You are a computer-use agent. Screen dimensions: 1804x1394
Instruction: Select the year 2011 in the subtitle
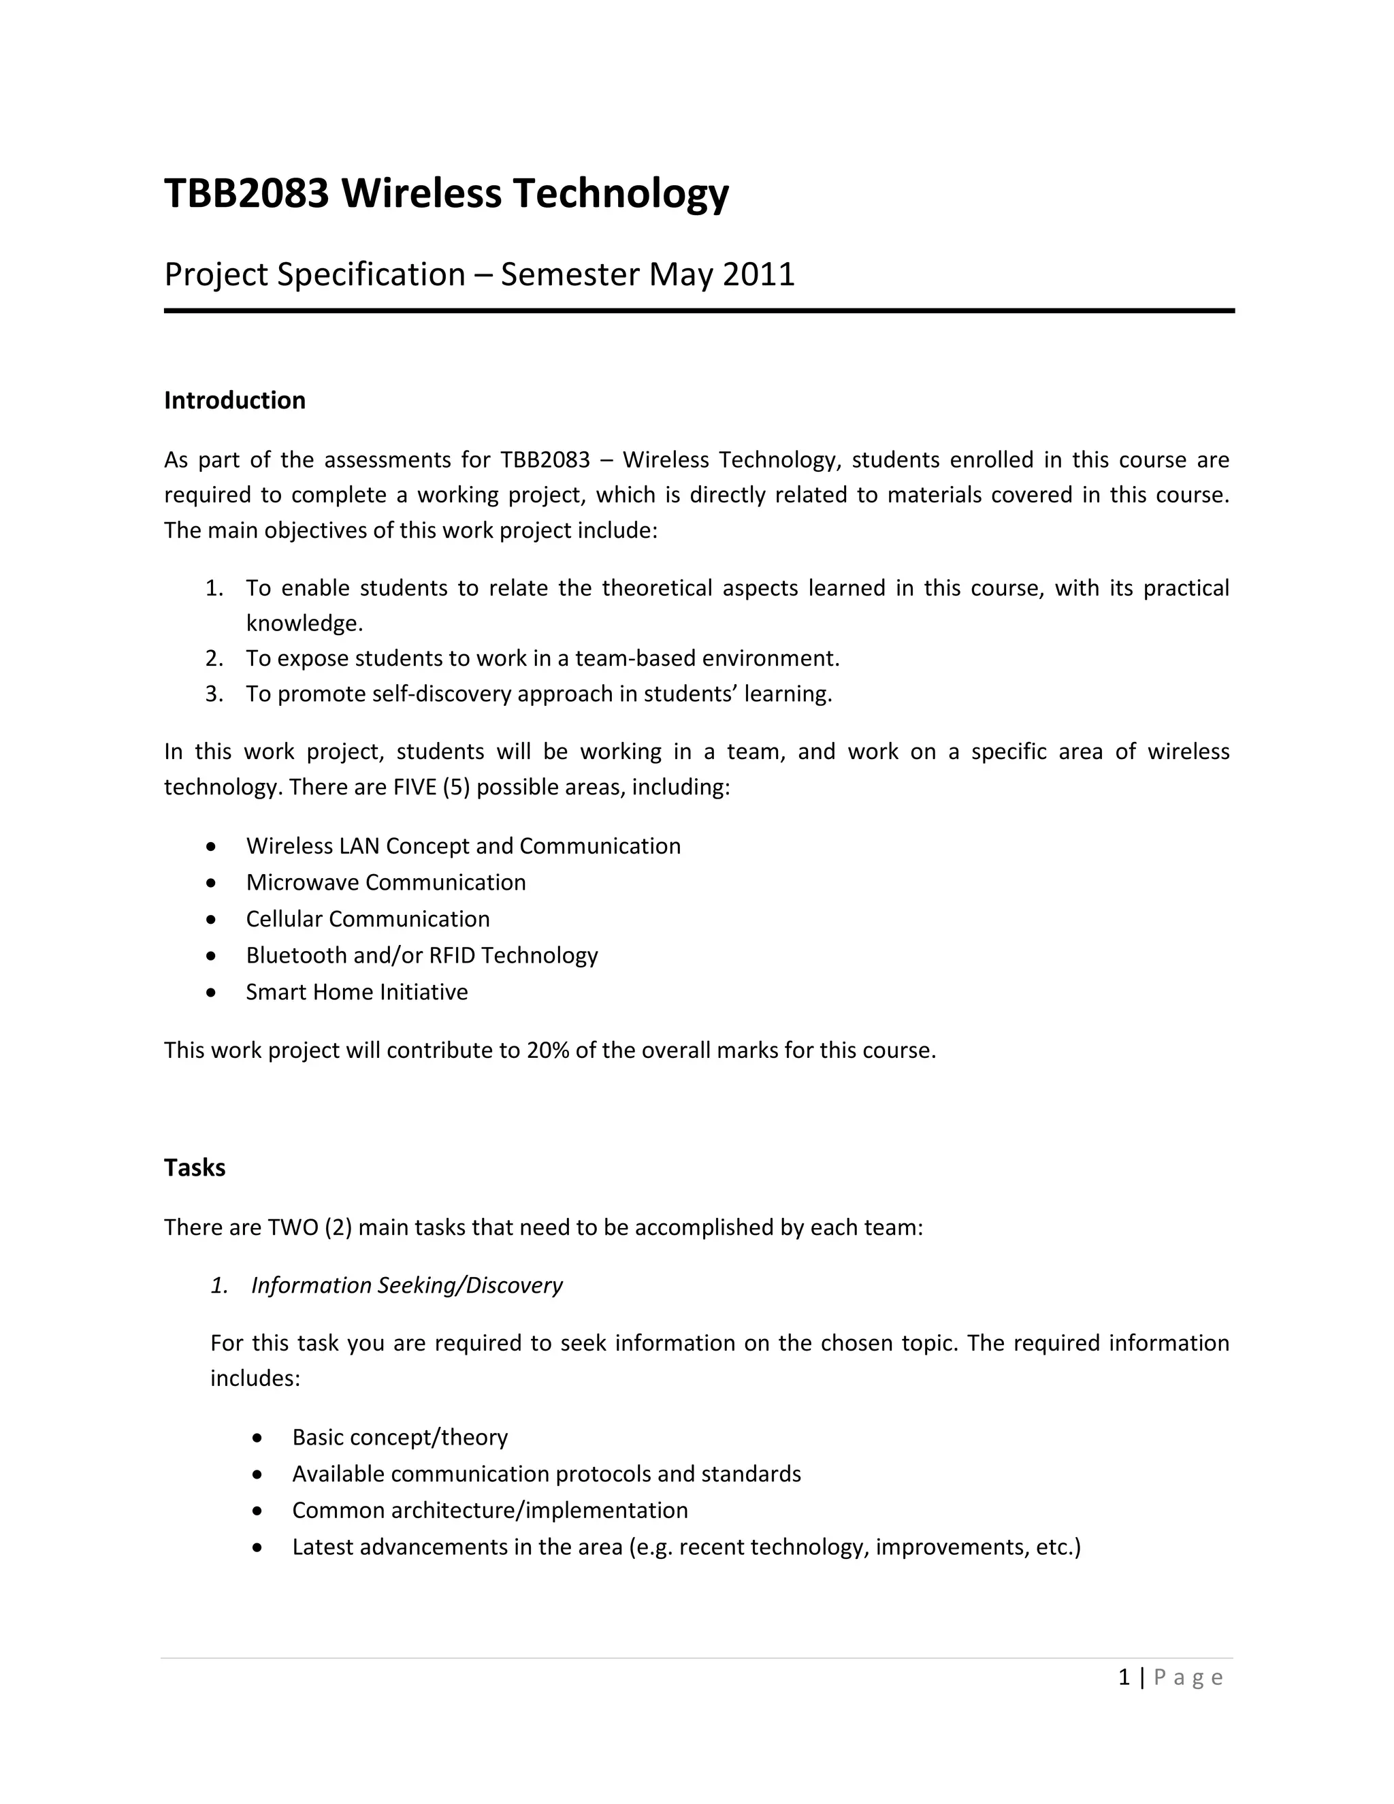point(758,274)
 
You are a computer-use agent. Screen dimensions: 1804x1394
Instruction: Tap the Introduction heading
point(235,400)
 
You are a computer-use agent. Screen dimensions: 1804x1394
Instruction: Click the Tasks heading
point(194,1167)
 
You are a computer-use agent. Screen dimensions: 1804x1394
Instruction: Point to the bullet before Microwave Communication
point(212,883)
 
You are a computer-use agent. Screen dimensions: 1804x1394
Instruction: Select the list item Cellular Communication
point(368,918)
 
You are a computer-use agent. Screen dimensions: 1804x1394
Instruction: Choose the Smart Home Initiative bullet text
point(357,991)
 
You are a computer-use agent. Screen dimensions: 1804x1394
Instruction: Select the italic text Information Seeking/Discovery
point(406,1285)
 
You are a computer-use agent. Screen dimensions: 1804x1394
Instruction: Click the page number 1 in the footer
point(1124,1677)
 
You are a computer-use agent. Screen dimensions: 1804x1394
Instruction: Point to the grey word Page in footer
point(1188,1677)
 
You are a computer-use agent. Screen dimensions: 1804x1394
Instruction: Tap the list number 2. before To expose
point(214,658)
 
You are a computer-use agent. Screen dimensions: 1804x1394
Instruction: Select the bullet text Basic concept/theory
point(400,1436)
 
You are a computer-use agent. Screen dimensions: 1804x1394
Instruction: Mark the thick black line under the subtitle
point(698,310)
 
